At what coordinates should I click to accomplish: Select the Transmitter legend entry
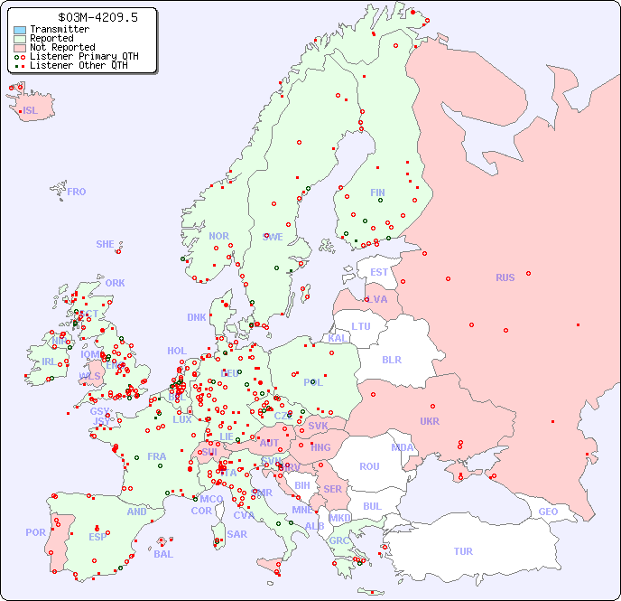click(60, 29)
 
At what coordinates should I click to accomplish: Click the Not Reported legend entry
click(62, 47)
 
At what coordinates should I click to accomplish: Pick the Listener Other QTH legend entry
click(79, 65)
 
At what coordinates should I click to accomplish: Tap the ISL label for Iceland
click(30, 111)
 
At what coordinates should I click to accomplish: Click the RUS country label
click(505, 277)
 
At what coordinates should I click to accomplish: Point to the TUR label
click(463, 551)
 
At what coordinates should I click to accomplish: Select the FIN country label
click(377, 193)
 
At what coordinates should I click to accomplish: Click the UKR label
click(430, 421)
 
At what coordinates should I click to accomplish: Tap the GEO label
click(548, 512)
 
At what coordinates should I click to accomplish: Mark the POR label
click(35, 532)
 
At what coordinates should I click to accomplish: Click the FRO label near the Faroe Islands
click(77, 192)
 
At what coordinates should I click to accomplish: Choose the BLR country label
click(391, 360)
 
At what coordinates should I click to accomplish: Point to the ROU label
click(369, 466)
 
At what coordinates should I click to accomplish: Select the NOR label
click(218, 236)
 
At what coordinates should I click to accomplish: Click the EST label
click(379, 272)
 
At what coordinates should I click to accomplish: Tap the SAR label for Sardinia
click(236, 534)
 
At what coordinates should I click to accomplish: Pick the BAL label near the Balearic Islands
click(163, 554)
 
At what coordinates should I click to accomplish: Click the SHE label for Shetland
click(106, 244)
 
